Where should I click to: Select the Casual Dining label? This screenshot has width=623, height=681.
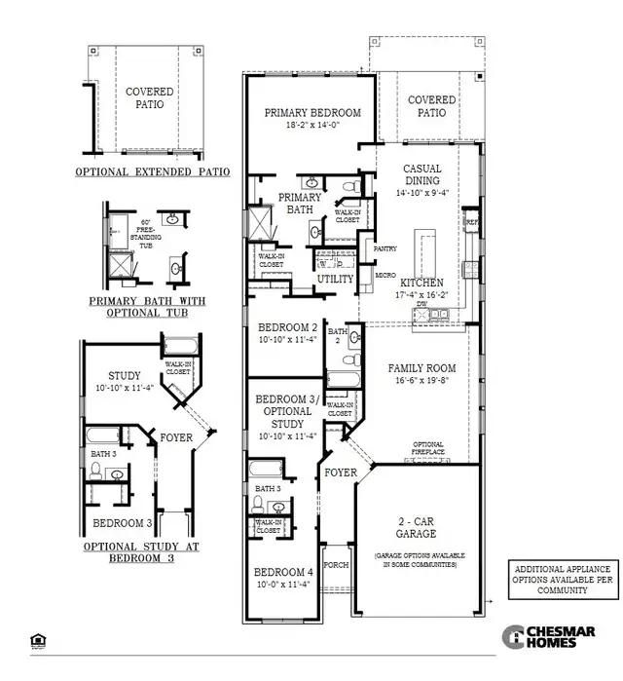point(421,174)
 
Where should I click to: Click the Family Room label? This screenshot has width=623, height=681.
point(421,367)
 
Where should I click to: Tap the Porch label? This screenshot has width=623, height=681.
point(336,564)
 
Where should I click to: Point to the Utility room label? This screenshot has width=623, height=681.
point(336,279)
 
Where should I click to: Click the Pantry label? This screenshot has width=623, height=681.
point(385,249)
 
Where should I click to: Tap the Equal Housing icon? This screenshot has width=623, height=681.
point(37,640)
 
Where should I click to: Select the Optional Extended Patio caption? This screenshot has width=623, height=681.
point(153,171)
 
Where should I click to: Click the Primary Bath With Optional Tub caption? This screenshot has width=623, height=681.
point(150,306)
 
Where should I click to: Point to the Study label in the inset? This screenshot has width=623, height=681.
point(125,375)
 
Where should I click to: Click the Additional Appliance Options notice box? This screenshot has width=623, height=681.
point(563,579)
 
